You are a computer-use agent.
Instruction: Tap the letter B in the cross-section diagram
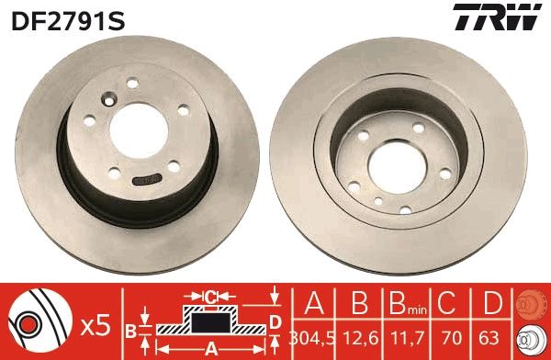click(130, 328)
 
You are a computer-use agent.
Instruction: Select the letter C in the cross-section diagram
click(210, 298)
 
